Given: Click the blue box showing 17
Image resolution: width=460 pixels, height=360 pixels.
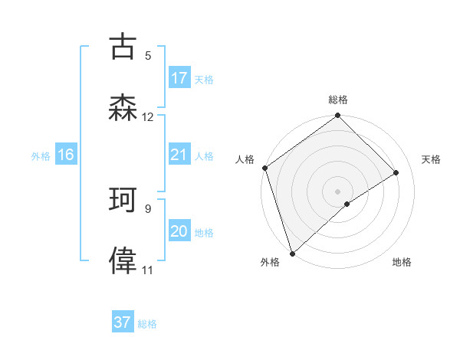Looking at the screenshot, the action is pos(179,78).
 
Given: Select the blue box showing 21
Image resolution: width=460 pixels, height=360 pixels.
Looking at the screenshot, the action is pos(179,155).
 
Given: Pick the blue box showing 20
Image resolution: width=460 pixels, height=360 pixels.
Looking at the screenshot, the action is pos(179,231).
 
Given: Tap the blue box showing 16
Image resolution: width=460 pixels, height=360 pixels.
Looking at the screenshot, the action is pos(66,155).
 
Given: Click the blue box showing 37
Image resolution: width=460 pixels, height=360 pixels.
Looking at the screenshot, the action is pos(123,322).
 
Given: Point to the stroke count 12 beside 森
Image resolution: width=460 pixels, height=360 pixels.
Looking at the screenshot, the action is pos(148,117).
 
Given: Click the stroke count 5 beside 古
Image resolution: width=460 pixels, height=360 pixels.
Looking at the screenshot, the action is pos(148,56).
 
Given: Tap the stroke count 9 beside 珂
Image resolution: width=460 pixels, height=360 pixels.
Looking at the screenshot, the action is pos(148,208).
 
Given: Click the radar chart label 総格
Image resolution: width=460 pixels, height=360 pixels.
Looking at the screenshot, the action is pos(338,100).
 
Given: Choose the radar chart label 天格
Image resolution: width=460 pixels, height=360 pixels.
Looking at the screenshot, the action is pos(432,159).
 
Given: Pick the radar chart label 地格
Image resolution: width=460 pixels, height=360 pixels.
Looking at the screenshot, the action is pos(402,263).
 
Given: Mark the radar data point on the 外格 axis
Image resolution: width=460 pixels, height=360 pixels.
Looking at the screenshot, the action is pos(291,254).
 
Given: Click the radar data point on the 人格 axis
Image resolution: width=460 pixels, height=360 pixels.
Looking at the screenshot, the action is pos(264,168).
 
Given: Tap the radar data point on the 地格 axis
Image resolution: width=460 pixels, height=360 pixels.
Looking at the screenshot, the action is pos(347,204).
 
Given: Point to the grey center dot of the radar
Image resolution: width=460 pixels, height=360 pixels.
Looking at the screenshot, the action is pos(338,191).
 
